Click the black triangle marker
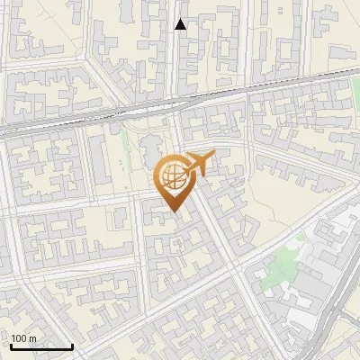pos(181,24)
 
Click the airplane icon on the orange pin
pos(197,164)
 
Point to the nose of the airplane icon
pos(211,157)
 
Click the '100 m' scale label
pos(23,338)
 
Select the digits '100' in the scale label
pos(19,338)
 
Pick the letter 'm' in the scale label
pos(32,338)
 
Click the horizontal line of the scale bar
pos(41,347)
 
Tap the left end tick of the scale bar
pos(12,346)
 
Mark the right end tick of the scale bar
pos(72,346)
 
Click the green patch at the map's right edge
pos(355,90)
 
